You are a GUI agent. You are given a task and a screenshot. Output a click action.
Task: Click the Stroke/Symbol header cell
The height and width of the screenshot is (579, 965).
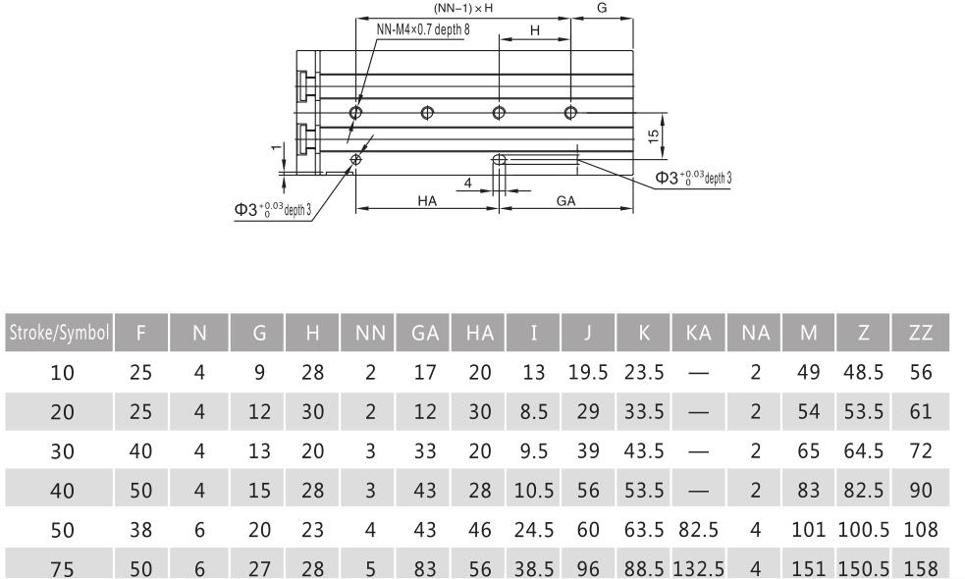tap(57, 333)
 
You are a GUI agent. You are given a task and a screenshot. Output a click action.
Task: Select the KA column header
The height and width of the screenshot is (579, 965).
tap(700, 333)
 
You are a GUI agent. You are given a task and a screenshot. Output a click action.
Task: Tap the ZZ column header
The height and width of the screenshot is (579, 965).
tap(921, 333)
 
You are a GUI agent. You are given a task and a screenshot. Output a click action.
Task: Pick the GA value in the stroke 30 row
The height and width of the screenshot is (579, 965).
tap(424, 449)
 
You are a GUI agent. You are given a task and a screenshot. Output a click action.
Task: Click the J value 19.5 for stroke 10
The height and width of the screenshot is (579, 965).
tap(588, 373)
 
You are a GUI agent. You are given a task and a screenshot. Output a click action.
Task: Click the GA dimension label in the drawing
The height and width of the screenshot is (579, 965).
tap(566, 200)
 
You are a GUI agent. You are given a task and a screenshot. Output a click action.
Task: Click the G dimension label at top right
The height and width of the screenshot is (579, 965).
tap(601, 8)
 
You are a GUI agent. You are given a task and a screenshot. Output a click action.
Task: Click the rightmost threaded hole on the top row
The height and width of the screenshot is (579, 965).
tap(570, 112)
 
